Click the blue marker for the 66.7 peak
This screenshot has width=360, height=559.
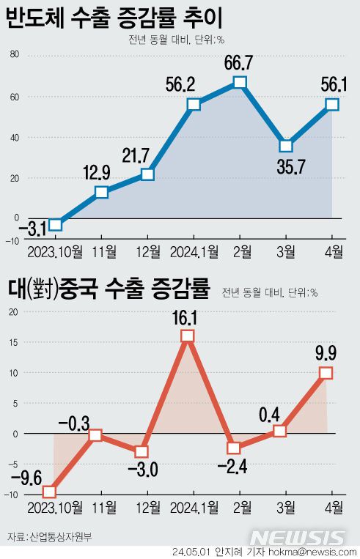[240, 82]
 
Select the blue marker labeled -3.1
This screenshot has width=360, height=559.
[55, 225]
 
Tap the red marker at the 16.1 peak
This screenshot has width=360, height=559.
[187, 336]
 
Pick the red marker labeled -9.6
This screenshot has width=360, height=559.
[49, 492]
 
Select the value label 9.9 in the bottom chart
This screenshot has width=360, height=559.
[326, 353]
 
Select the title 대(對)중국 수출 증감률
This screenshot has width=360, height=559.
[109, 290]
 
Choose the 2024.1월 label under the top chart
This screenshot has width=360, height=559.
[194, 253]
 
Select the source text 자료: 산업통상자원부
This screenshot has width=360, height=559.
[50, 538]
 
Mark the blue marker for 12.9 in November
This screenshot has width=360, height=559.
[102, 193]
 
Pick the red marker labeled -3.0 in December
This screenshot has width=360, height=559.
[142, 451]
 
